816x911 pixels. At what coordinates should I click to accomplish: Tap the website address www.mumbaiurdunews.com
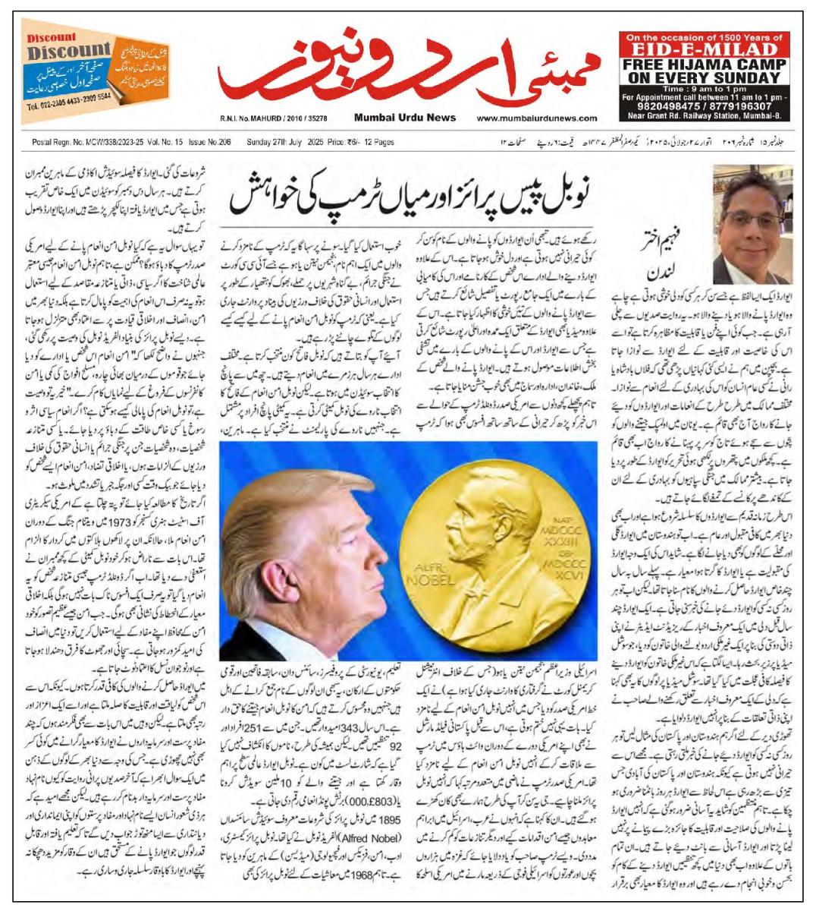538,118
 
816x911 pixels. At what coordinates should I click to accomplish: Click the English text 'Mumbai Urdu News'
404,118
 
